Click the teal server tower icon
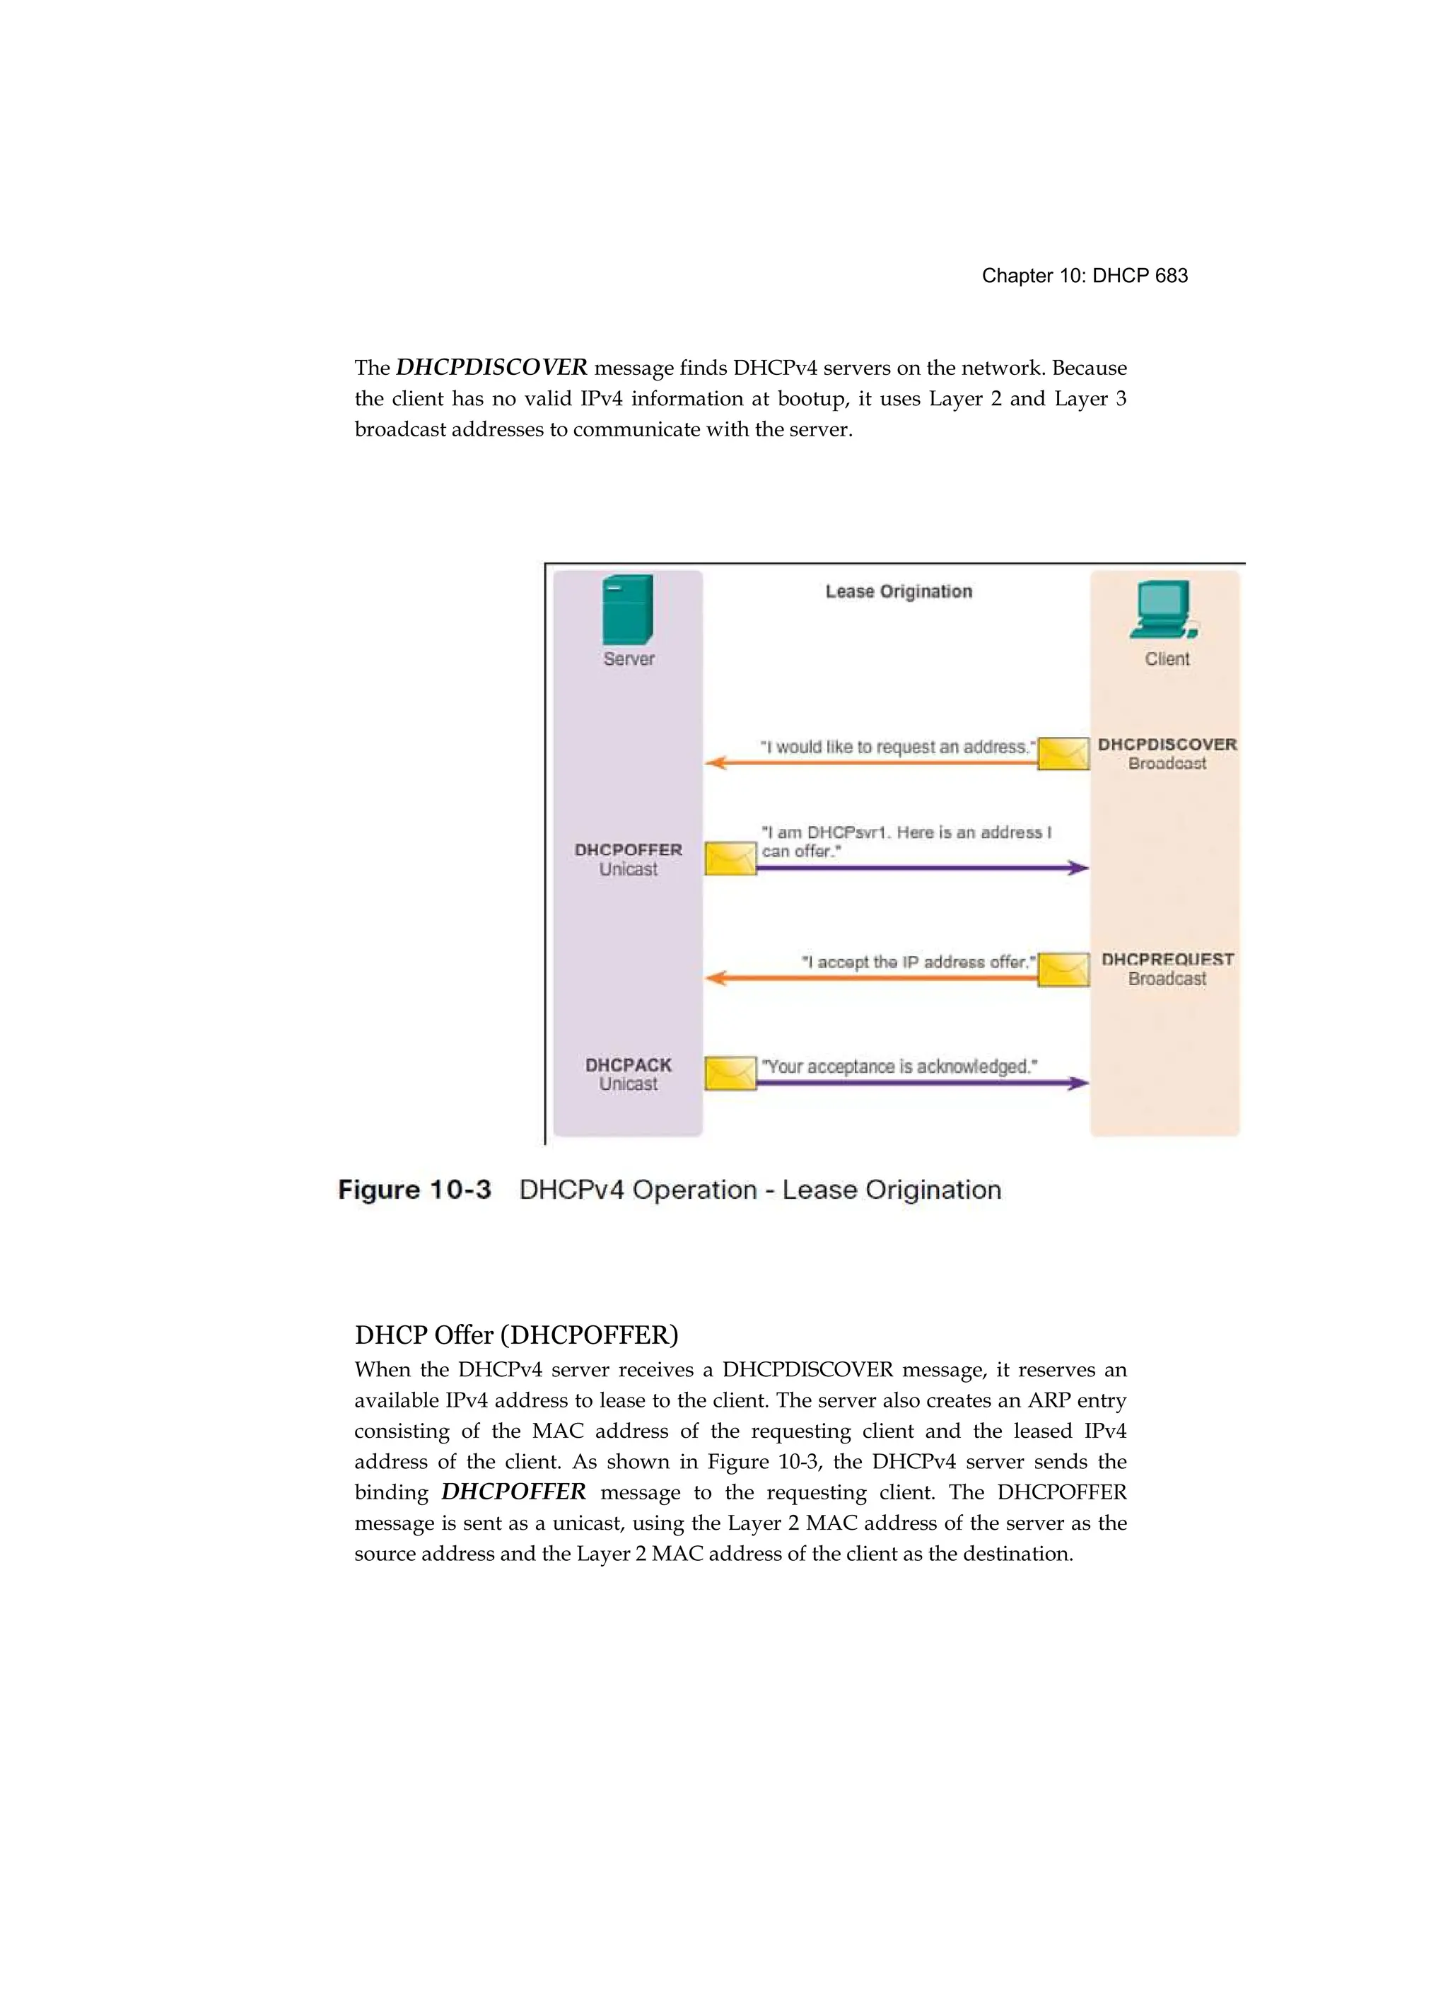click(627, 610)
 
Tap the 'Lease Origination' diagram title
click(898, 591)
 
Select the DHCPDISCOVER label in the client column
click(1167, 744)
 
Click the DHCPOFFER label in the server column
click(629, 850)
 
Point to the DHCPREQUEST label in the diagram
click(1167, 960)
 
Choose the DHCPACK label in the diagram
click(629, 1065)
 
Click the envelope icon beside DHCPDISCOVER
click(1063, 754)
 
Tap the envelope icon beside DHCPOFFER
click(730, 859)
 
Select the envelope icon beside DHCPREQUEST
click(1063, 969)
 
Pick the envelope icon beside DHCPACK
click(730, 1074)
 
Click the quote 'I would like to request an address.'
click(897, 747)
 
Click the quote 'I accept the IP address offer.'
click(918, 963)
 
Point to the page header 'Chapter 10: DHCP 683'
click(1085, 276)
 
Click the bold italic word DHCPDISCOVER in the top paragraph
click(491, 367)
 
